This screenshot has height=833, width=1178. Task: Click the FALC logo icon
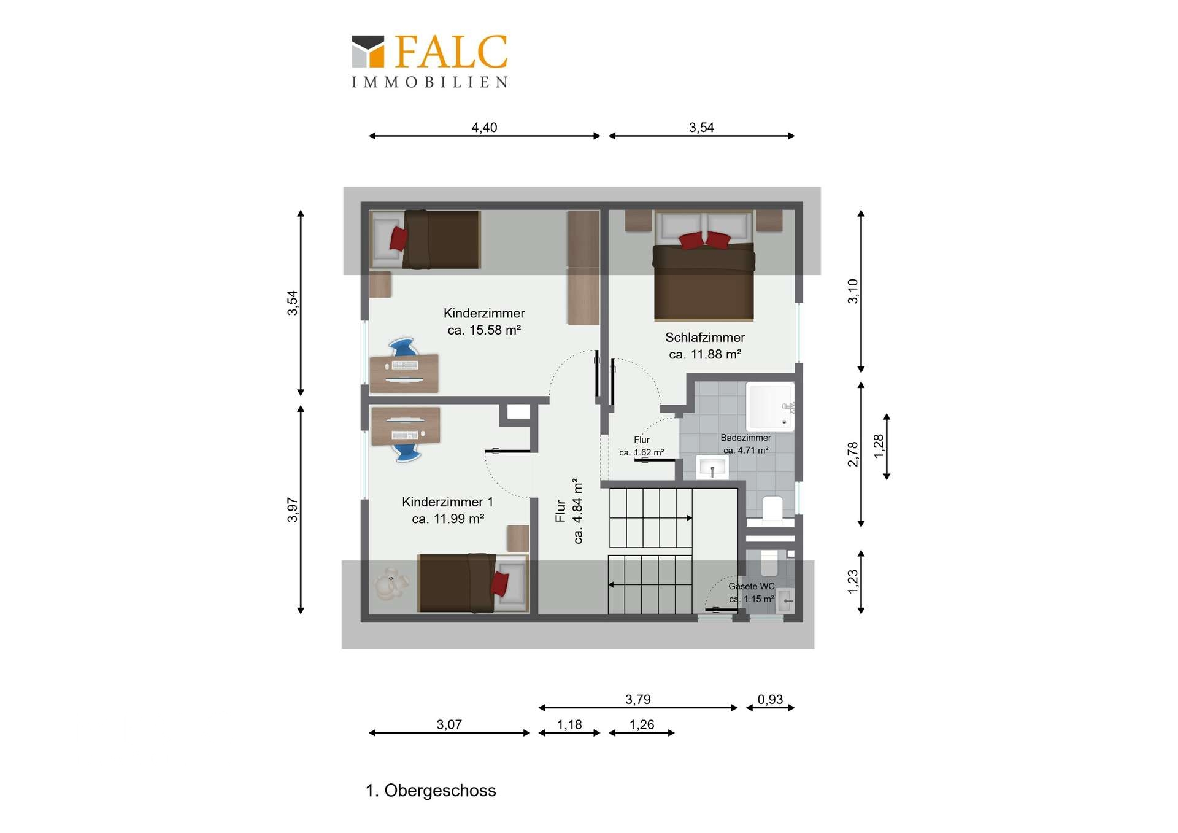tap(368, 51)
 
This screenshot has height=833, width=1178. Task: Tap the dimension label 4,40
tap(484, 128)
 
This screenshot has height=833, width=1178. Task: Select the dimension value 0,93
tap(770, 699)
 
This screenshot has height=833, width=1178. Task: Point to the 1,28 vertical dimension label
tap(879, 446)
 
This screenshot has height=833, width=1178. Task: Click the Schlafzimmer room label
tap(705, 338)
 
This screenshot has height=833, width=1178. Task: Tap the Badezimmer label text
tap(745, 438)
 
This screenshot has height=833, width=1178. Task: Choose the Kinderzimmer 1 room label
tap(447, 502)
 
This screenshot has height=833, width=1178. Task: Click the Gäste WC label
tap(751, 586)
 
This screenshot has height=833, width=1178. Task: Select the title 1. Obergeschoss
tap(431, 791)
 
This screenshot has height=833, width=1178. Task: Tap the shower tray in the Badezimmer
tap(769, 406)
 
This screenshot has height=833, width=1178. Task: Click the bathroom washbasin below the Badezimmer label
tap(712, 468)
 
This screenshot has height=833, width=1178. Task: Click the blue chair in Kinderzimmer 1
tap(406, 452)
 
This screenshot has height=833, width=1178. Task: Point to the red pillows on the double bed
tap(704, 240)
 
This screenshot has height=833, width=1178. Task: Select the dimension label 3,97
tap(293, 509)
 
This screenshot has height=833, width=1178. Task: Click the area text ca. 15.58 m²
tap(484, 330)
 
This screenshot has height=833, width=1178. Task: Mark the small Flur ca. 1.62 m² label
tap(642, 446)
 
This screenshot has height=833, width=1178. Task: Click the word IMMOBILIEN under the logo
tap(429, 82)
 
